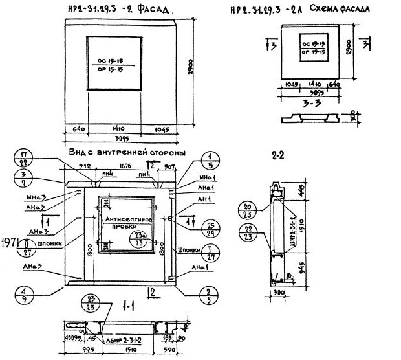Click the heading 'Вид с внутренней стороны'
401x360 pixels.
pyautogui.click(x=127, y=152)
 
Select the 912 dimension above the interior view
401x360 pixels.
pyautogui.click(x=85, y=166)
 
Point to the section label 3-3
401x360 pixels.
pyautogui.click(x=310, y=102)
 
